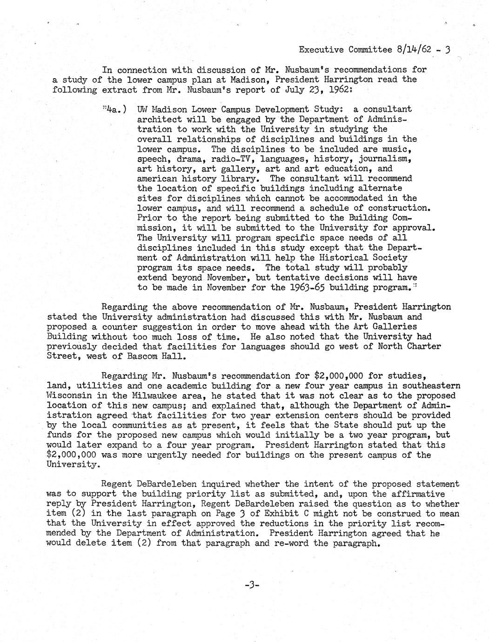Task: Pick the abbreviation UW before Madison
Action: tap(144, 110)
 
